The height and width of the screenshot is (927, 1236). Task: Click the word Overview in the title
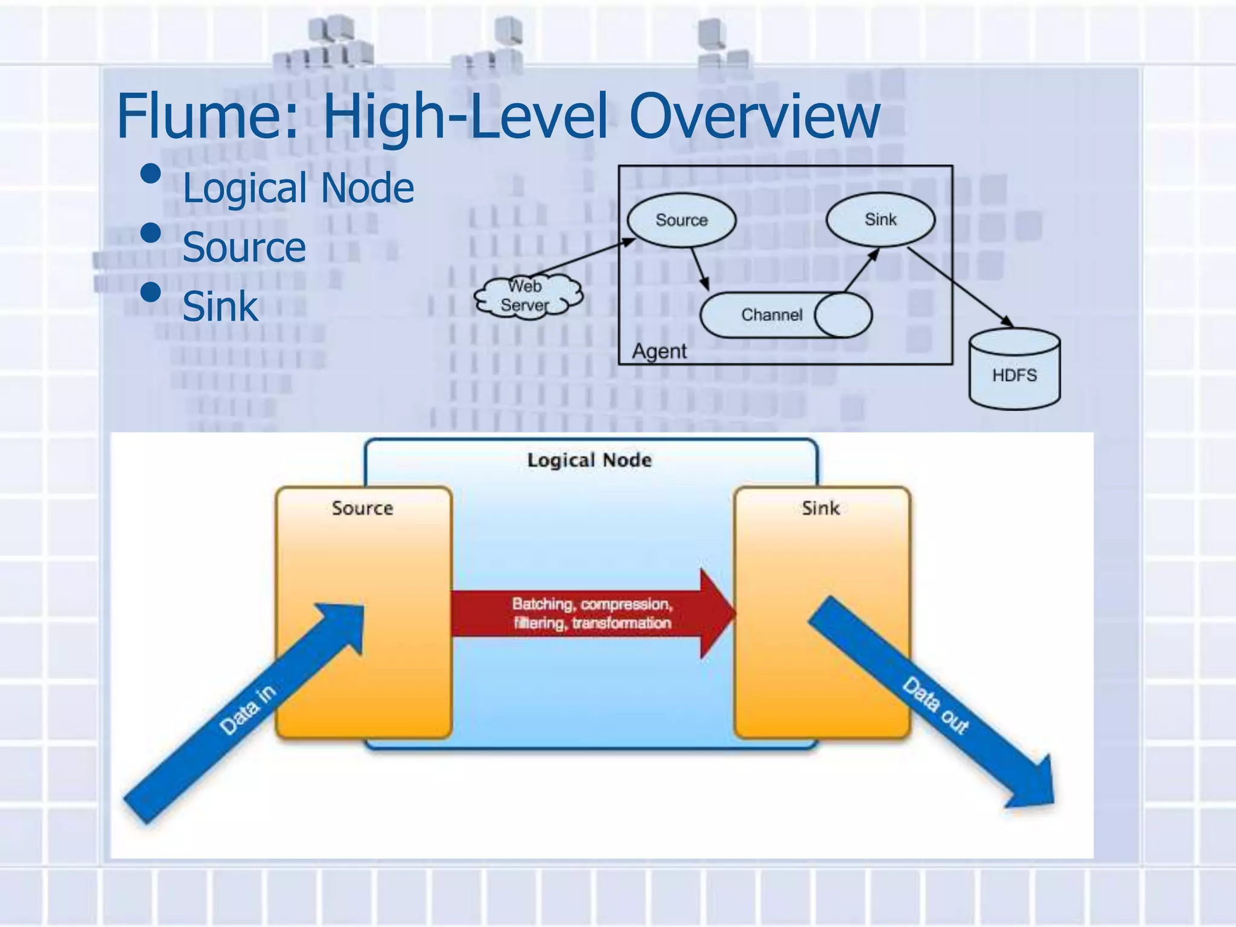(754, 116)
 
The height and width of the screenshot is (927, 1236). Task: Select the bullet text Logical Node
(298, 188)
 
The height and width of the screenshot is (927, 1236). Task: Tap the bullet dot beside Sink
(150, 293)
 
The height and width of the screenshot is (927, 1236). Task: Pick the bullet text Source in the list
(244, 247)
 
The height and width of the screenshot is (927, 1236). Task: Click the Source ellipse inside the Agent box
(681, 220)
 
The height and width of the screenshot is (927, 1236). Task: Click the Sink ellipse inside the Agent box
(880, 220)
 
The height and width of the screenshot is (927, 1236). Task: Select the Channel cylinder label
(771, 315)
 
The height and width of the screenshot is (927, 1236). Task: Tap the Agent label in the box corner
(659, 351)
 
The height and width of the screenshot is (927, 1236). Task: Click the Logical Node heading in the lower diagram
(590, 460)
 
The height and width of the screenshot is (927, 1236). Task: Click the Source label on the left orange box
(362, 508)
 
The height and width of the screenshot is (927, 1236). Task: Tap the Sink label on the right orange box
(820, 508)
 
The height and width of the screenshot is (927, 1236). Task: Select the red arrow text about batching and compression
(591, 613)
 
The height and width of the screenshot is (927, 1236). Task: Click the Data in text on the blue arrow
(247, 710)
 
